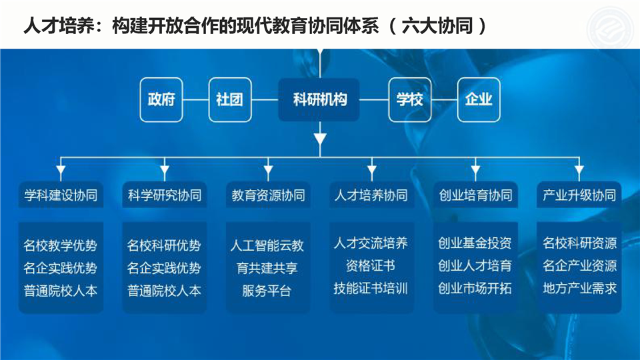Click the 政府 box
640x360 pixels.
click(x=161, y=99)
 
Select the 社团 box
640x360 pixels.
click(x=230, y=99)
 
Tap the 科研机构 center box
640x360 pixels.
click(x=319, y=99)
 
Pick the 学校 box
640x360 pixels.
click(x=410, y=99)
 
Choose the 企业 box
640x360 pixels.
click(x=479, y=99)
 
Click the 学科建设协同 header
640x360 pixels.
click(x=61, y=195)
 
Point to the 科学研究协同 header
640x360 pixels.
click(x=165, y=195)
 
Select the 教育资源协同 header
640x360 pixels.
click(x=268, y=195)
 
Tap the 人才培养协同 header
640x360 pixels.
click(x=371, y=195)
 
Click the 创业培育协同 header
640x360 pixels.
click(x=475, y=195)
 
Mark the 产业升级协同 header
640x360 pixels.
click(x=579, y=195)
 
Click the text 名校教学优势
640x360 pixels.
click(x=61, y=245)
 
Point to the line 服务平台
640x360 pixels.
click(x=267, y=291)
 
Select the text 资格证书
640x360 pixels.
click(x=371, y=266)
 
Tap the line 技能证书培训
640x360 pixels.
click(x=371, y=289)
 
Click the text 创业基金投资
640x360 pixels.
click(x=475, y=243)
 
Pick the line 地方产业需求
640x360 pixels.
click(x=579, y=289)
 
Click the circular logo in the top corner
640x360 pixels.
click(x=611, y=28)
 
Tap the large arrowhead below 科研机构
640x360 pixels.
click(x=320, y=139)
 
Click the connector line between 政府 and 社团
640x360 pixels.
click(x=195, y=99)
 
